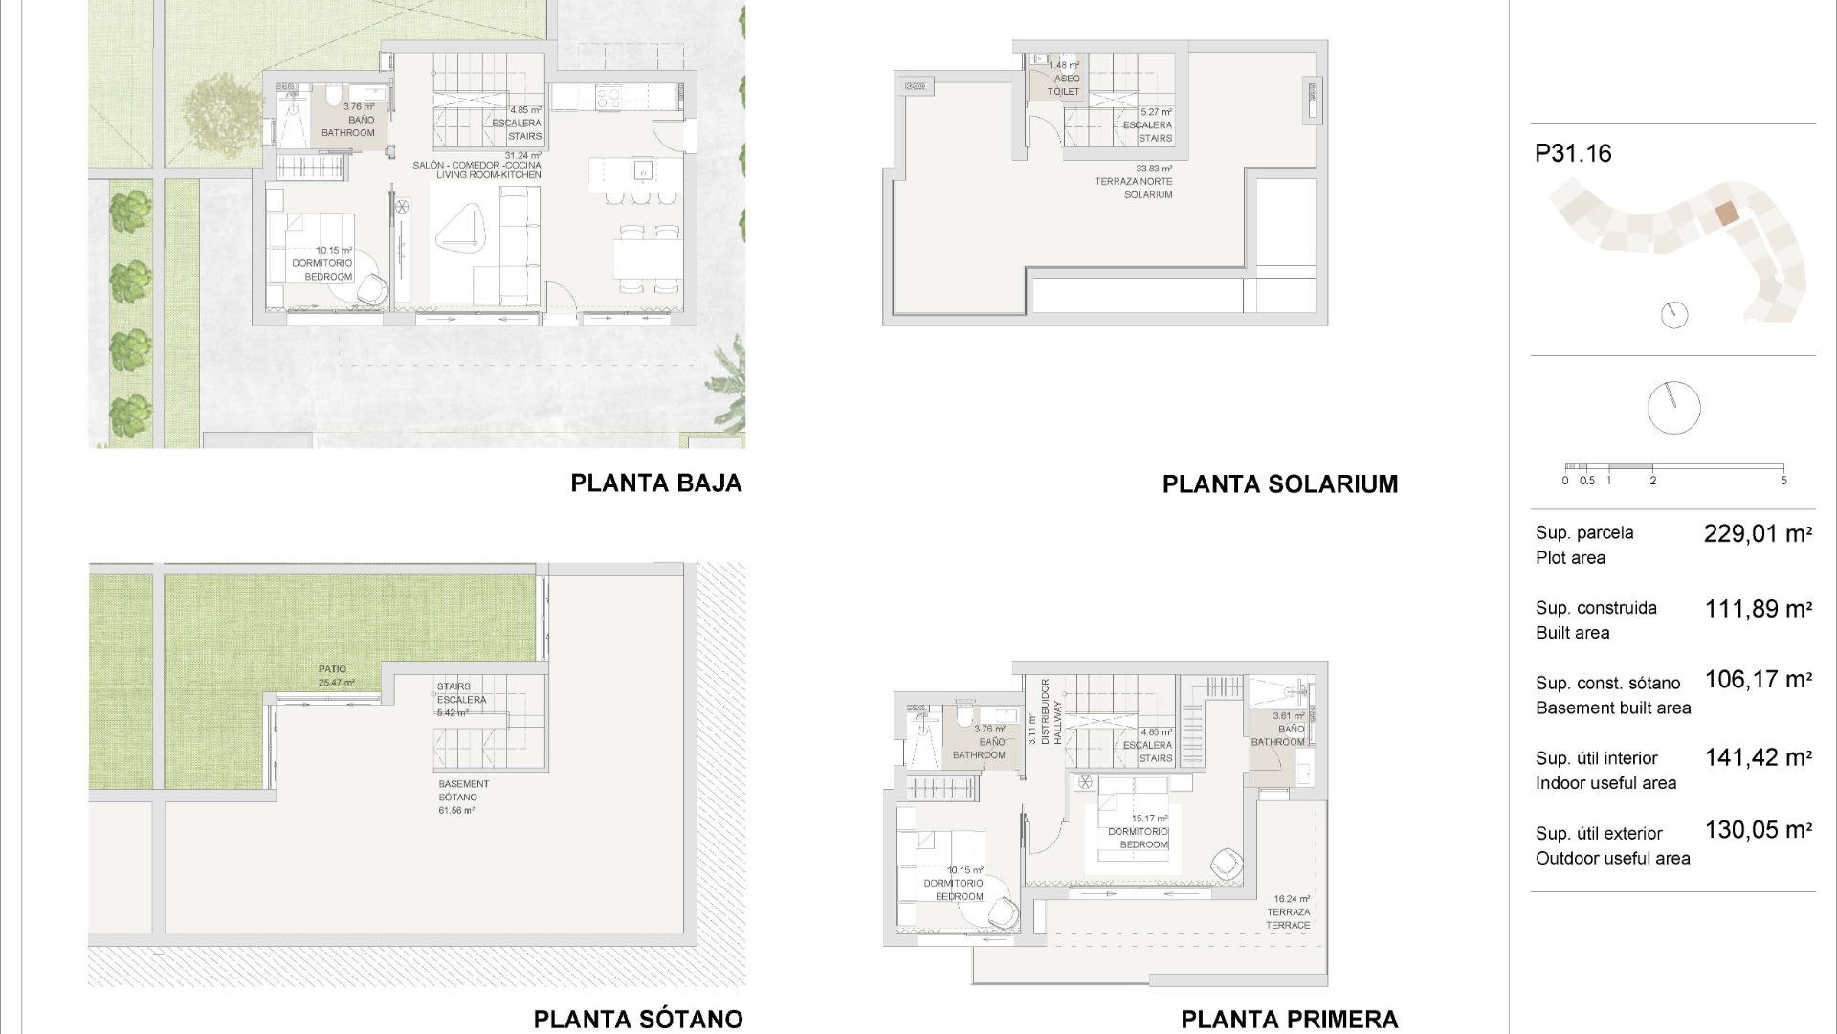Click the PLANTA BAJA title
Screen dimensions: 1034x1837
[656, 483]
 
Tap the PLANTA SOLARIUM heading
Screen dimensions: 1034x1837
[1279, 484]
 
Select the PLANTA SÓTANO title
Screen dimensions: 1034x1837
[638, 1019]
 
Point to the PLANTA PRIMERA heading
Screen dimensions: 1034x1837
[1289, 1020]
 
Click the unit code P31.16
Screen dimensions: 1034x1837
[1573, 153]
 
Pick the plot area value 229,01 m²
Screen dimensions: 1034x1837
[1758, 534]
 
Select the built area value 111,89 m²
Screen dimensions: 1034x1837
[1758, 609]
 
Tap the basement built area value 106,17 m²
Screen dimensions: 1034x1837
[1758, 680]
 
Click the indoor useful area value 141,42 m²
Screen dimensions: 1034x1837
[1758, 758]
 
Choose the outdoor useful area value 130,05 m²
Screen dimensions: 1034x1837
[1758, 830]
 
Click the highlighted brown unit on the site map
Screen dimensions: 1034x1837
[1725, 214]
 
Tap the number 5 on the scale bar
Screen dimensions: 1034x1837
[1783, 481]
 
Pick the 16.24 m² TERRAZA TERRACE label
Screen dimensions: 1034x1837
[1289, 912]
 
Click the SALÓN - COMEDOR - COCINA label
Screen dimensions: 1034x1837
[477, 166]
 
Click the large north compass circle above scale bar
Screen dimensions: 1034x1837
[1673, 408]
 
